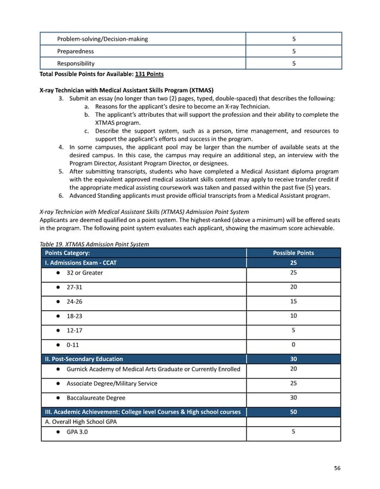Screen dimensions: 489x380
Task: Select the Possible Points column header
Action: pyautogui.click(x=293, y=252)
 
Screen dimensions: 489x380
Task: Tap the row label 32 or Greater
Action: pyautogui.click(x=84, y=273)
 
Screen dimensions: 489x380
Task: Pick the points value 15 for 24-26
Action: pyautogui.click(x=293, y=302)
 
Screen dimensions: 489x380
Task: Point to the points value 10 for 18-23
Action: pyautogui.click(x=293, y=316)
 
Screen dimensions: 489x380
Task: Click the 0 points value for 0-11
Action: pyautogui.click(x=293, y=344)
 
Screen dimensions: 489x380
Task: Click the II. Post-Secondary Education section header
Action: pyautogui.click(x=84, y=359)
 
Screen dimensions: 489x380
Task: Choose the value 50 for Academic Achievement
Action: pyautogui.click(x=293, y=412)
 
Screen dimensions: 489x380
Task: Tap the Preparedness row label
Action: pyautogui.click(x=75, y=51)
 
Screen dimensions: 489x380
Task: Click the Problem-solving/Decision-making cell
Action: pyautogui.click(x=102, y=39)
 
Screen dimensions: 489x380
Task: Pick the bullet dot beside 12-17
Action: pyautogui.click(x=58, y=330)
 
